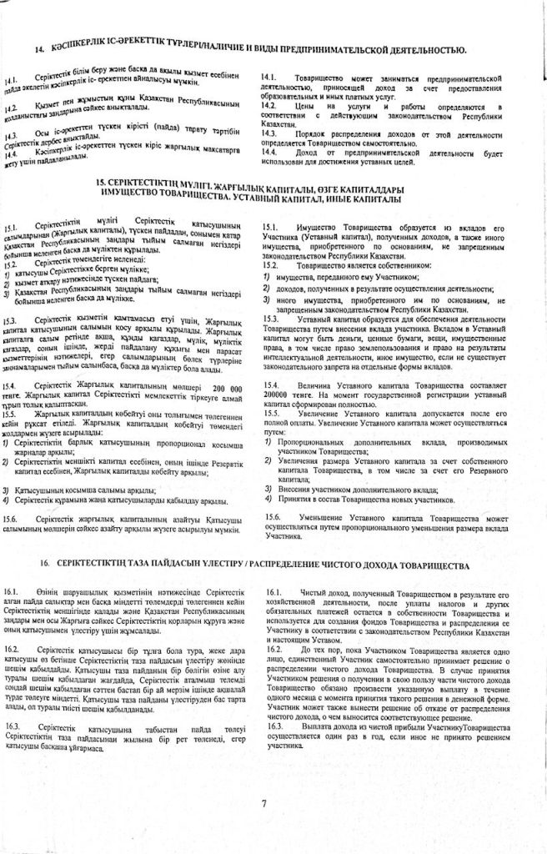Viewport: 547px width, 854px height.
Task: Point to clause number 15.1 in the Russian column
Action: coord(270,227)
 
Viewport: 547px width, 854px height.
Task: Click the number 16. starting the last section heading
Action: coord(43,565)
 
